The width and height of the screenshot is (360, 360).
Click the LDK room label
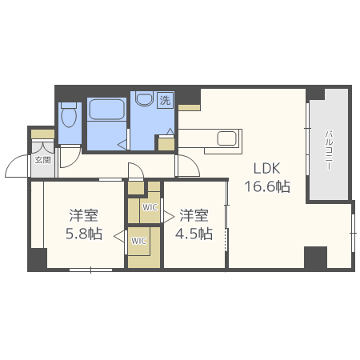point(266,169)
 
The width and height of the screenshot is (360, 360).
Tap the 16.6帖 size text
point(267,186)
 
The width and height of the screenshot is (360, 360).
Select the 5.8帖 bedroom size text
point(84,234)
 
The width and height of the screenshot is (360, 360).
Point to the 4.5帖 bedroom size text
point(194,234)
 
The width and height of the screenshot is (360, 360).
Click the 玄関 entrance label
point(43,160)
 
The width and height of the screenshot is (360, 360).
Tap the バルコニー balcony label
point(329,150)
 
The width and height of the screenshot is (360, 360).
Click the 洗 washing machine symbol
point(165,100)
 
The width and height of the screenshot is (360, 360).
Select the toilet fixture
point(69,115)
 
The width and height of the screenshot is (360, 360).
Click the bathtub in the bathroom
point(107,109)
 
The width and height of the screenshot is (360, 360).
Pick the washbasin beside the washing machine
point(144,98)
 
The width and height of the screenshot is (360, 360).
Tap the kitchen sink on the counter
point(227,138)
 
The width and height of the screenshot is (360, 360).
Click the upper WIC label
point(150,207)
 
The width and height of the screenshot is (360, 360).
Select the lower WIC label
point(138,241)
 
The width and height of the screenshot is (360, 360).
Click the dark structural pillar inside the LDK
point(316,258)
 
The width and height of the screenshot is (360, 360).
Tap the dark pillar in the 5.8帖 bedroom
point(38,259)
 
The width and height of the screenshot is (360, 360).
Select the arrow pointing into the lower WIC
point(119,236)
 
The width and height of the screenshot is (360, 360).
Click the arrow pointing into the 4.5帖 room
point(169,216)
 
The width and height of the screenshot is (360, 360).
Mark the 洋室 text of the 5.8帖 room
point(84,215)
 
